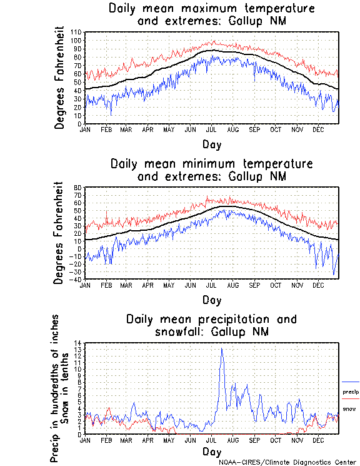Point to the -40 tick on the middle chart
(x=77, y=279)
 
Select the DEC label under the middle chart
(x=317, y=285)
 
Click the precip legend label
(x=350, y=392)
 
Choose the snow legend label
(x=349, y=409)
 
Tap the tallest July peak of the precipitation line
(x=221, y=349)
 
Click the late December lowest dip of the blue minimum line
(x=334, y=275)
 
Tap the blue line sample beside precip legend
(x=351, y=382)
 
